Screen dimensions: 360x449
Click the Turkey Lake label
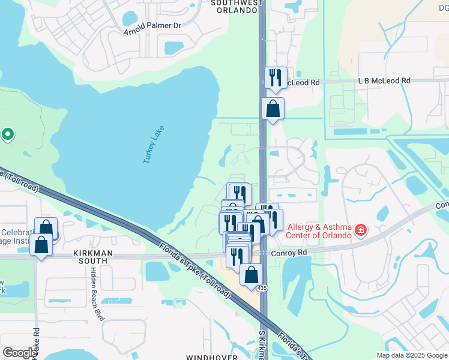[153, 145]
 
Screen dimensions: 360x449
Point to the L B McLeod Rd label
[384, 80]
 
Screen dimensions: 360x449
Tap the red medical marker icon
[361, 230]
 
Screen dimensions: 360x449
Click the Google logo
[19, 353]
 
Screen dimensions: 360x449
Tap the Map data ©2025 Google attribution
[412, 355]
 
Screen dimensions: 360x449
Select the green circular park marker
[7, 134]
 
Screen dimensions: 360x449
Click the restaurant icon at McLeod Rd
[276, 77]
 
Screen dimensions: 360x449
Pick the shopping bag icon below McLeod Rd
[273, 109]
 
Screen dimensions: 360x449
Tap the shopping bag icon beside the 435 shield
[252, 275]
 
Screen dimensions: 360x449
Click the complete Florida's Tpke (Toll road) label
[196, 269]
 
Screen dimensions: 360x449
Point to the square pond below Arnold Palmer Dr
[173, 47]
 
